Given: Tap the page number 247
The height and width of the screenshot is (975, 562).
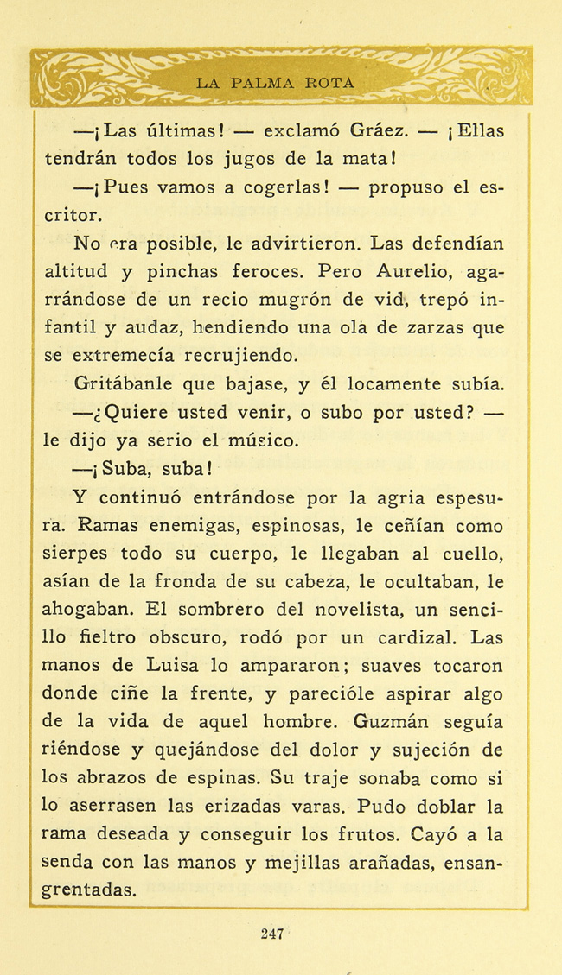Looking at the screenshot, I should [x=271, y=933].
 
